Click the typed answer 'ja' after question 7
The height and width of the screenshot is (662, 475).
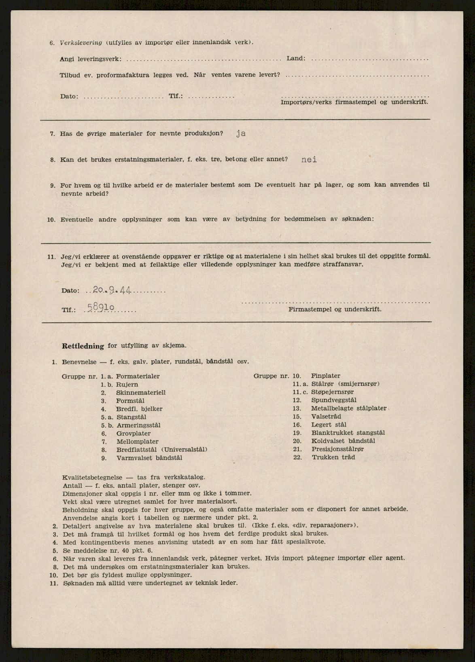[241, 134]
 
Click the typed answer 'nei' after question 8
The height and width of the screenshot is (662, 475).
[309, 159]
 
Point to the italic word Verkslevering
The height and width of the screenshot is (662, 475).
[81, 42]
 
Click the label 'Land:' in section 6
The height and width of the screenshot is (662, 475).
[296, 59]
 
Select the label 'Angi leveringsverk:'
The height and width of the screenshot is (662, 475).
[90, 59]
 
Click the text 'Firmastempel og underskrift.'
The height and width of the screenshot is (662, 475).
[335, 309]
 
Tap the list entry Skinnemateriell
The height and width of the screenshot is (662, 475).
[141, 393]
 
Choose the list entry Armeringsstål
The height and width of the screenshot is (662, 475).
[138, 425]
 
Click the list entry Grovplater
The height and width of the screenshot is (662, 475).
[133, 434]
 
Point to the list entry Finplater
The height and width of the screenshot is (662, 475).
[325, 376]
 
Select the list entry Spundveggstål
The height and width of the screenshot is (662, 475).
[334, 400]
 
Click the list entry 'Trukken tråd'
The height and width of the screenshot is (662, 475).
[333, 457]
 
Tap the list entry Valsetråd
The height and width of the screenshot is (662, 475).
[326, 417]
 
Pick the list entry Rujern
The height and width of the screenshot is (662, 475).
[127, 385]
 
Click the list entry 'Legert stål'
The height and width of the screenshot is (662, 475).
[329, 425]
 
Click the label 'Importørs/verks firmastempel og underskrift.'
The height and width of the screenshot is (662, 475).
[354, 102]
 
